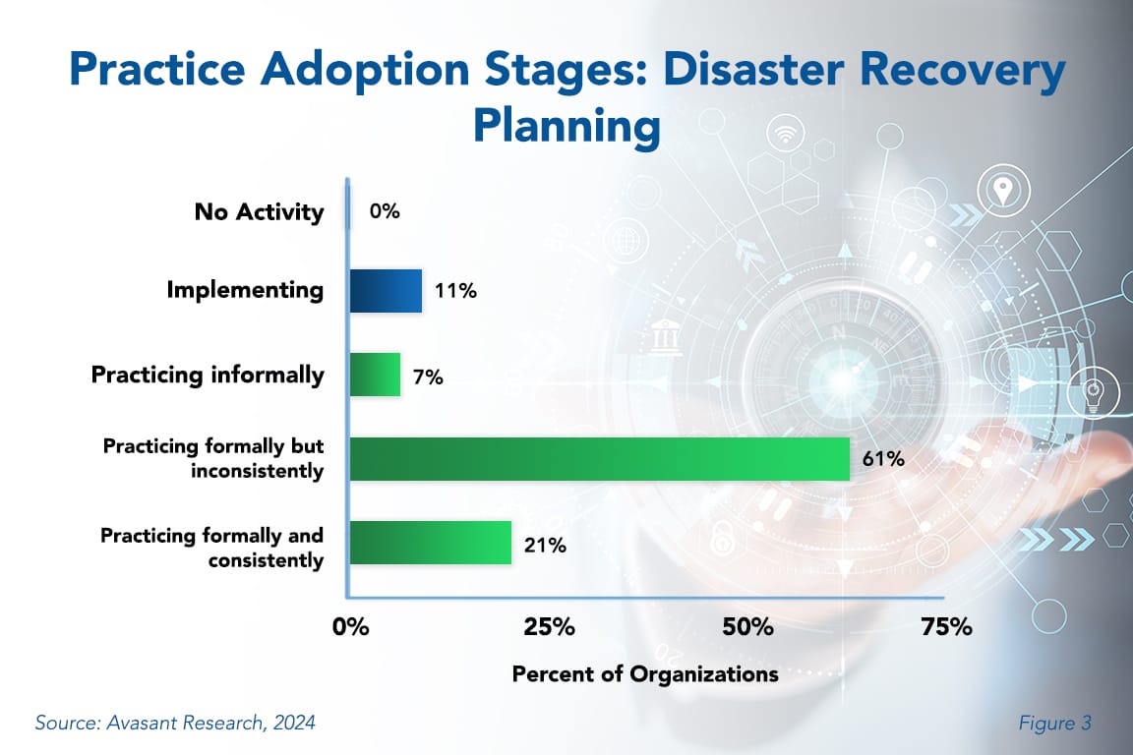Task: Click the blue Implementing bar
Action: pyautogui.click(x=386, y=291)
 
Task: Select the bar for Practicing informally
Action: pyautogui.click(x=375, y=375)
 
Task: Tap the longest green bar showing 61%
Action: pyautogui.click(x=599, y=459)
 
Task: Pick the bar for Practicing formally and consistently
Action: pyautogui.click(x=430, y=543)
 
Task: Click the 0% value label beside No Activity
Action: pyautogui.click(x=385, y=210)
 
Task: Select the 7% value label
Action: pyautogui.click(x=428, y=376)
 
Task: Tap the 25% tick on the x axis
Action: pyautogui.click(x=549, y=627)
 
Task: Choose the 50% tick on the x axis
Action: pyautogui.click(x=746, y=627)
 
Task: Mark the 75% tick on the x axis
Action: pyautogui.click(x=945, y=627)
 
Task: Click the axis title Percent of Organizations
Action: pyautogui.click(x=645, y=674)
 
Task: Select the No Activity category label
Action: pyautogui.click(x=259, y=211)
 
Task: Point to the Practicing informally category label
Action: pyautogui.click(x=208, y=375)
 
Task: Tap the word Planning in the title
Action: pyautogui.click(x=566, y=126)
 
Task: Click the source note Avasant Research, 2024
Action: pyautogui.click(x=175, y=724)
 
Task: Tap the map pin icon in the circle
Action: pyautogui.click(x=1002, y=190)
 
